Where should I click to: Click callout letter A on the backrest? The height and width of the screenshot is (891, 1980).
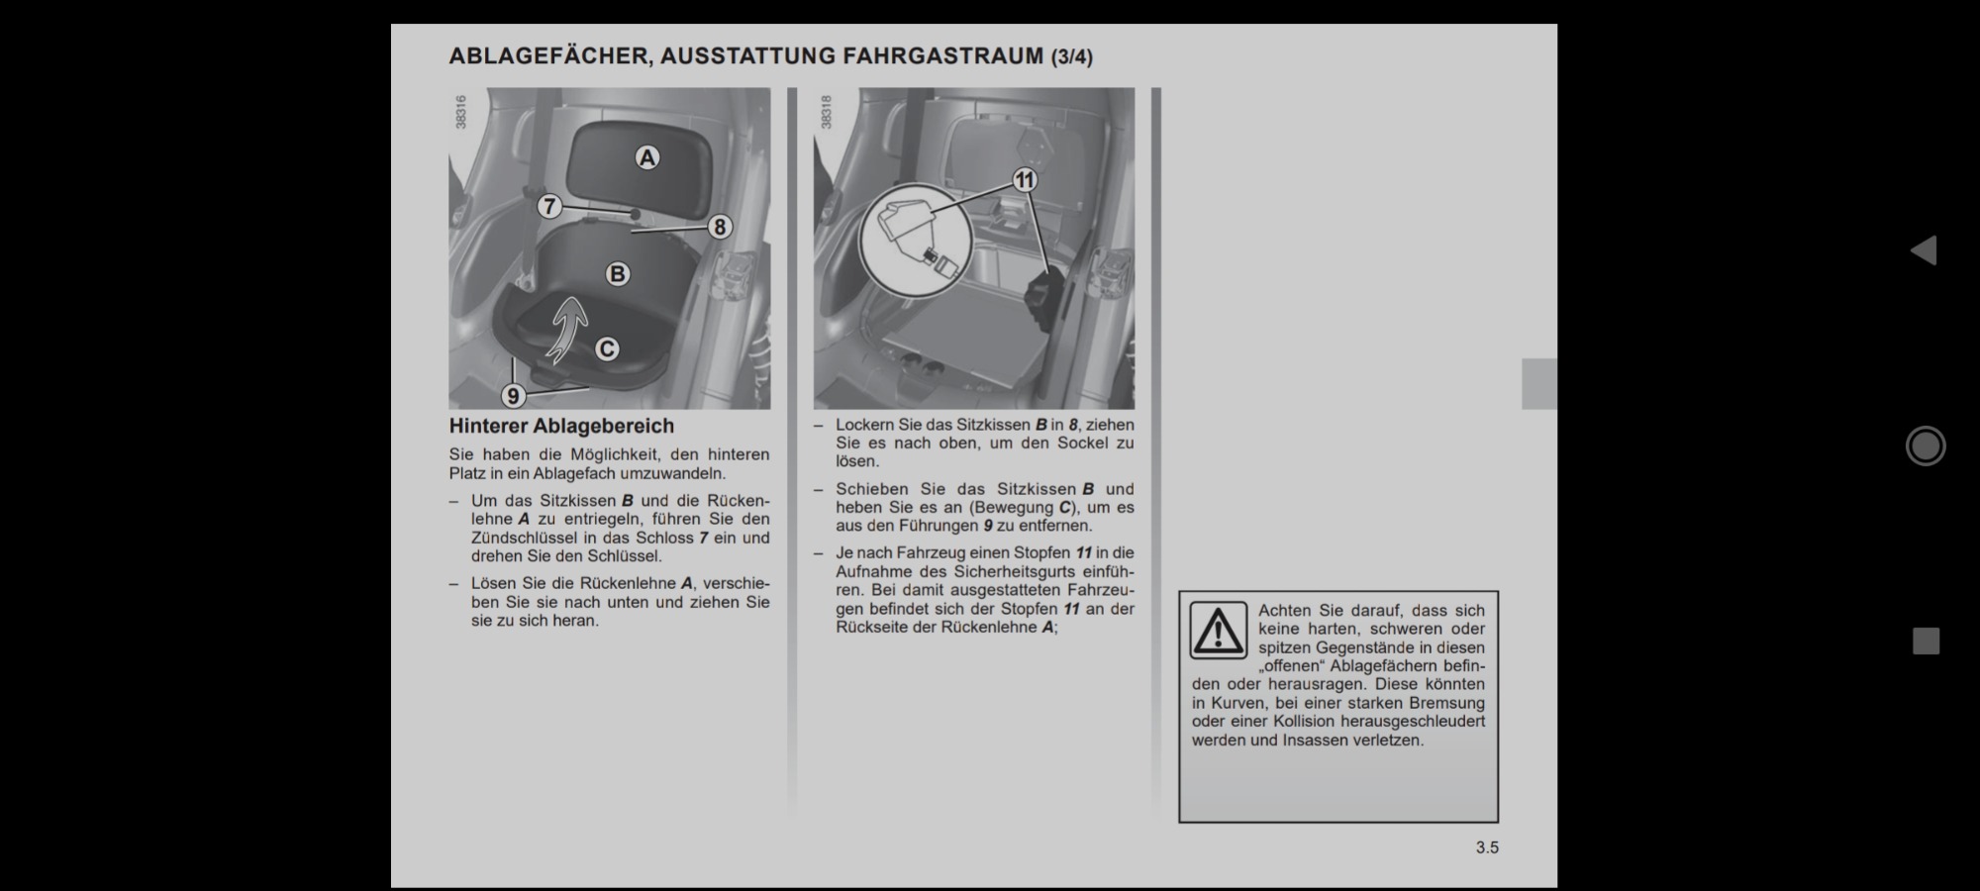click(x=646, y=157)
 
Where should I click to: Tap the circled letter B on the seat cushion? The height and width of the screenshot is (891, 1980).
click(x=617, y=274)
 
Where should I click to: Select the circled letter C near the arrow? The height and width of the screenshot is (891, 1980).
click(x=607, y=348)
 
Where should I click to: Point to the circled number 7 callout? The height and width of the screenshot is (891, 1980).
click(x=549, y=206)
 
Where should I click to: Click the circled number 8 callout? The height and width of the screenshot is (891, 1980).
click(x=720, y=227)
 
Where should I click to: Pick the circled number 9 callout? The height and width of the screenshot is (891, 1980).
click(x=513, y=396)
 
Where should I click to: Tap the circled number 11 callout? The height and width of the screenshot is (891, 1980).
click(x=1025, y=180)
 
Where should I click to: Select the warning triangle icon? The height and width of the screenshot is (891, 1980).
click(x=1218, y=630)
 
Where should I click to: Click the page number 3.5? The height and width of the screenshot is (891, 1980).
click(x=1487, y=847)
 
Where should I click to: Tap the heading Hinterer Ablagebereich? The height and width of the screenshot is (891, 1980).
click(x=561, y=426)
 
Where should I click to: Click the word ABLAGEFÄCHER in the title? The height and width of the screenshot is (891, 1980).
click(x=548, y=56)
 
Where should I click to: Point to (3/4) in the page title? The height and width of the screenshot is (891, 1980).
click(x=1072, y=57)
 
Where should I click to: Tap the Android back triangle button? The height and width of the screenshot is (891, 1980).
click(x=1924, y=250)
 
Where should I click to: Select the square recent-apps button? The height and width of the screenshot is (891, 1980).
click(x=1926, y=642)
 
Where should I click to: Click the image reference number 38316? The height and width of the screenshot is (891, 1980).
click(x=460, y=112)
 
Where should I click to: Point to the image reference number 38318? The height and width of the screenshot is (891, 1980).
click(x=826, y=112)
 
